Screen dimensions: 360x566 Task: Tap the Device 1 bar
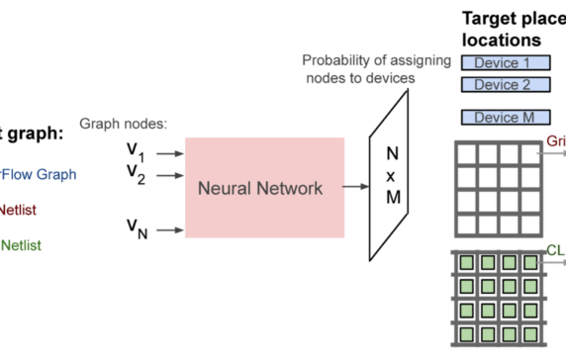pyautogui.click(x=504, y=62)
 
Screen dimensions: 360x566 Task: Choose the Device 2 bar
pyautogui.click(x=504, y=85)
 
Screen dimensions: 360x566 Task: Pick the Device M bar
pyautogui.click(x=504, y=118)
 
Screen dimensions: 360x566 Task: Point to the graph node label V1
pyautogui.click(x=137, y=152)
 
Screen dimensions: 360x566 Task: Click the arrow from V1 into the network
pyautogui.click(x=170, y=153)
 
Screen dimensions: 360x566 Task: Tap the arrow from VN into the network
pyautogui.click(x=170, y=230)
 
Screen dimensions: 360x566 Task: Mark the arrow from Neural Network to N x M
pyautogui.click(x=353, y=185)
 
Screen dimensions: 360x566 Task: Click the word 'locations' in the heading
pyautogui.click(x=501, y=40)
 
